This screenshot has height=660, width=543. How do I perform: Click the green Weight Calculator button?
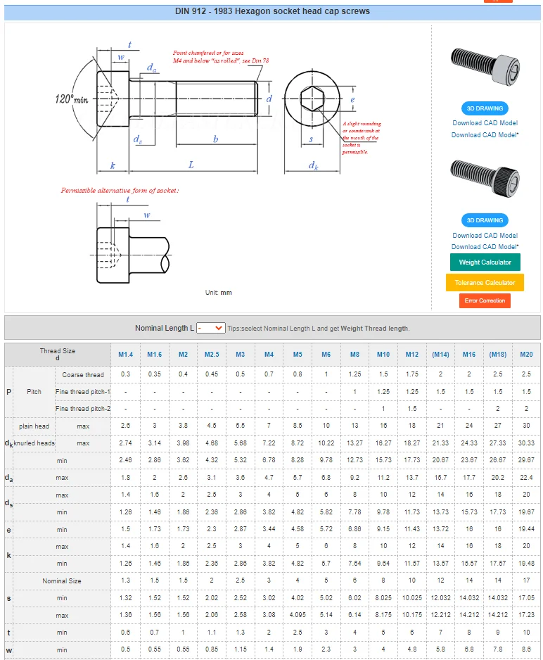[x=485, y=262]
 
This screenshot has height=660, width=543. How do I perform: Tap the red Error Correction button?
[x=485, y=300]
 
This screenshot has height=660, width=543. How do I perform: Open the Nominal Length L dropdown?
[x=210, y=328]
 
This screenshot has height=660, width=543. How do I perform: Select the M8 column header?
[x=354, y=355]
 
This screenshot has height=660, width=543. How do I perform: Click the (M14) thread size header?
[x=440, y=355]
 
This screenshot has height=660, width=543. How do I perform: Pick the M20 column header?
[x=526, y=355]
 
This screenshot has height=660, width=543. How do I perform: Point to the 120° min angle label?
[x=72, y=99]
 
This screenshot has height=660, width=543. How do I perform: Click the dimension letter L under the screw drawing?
[x=191, y=165]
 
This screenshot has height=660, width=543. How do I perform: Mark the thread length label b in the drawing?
[x=216, y=139]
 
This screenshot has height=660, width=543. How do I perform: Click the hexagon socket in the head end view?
[x=312, y=100]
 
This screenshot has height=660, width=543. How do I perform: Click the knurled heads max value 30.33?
[x=526, y=443]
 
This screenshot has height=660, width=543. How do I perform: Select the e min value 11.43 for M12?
[x=411, y=529]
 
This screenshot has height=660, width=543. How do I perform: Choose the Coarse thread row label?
[x=83, y=374]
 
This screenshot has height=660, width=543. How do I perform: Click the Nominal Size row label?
[x=62, y=581]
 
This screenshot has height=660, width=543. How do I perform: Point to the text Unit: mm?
[x=218, y=293]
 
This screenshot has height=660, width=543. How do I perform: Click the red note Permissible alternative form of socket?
[x=120, y=190]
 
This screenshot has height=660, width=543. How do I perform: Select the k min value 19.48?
[x=526, y=564]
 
